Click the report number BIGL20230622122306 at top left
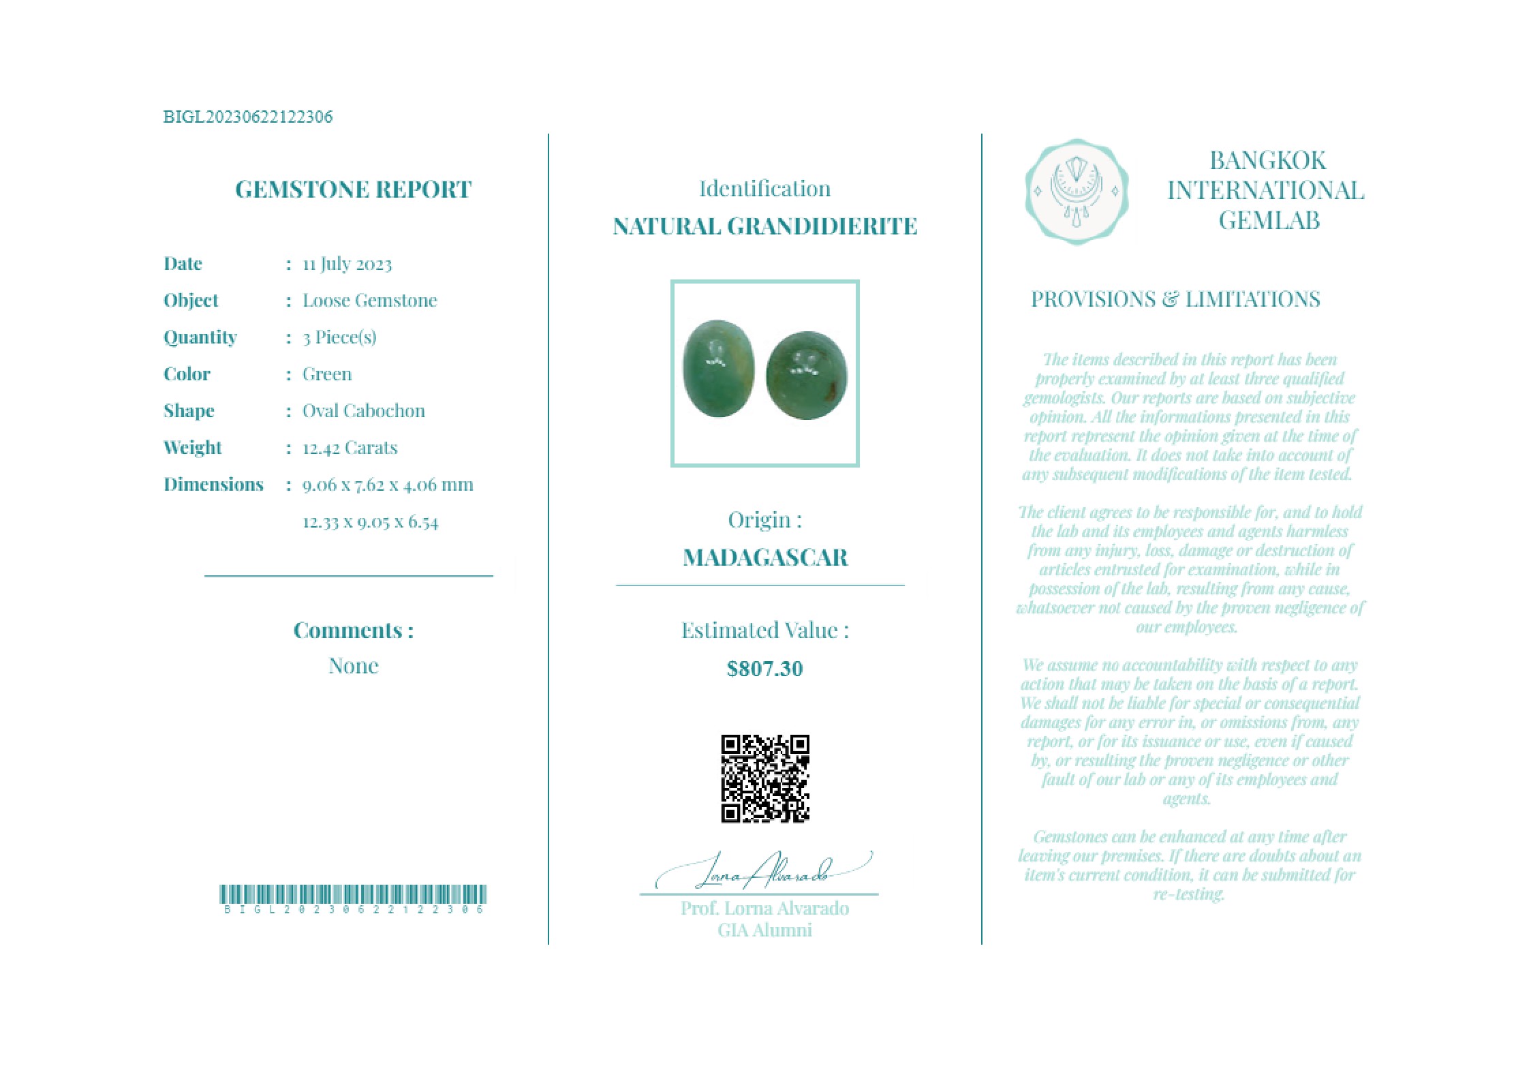(x=248, y=117)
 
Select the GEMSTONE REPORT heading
(x=353, y=189)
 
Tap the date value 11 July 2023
(x=347, y=264)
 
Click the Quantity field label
(x=200, y=337)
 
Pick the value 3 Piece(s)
(x=339, y=337)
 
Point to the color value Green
(x=327, y=374)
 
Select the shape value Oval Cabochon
(x=363, y=411)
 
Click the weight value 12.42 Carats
(x=350, y=448)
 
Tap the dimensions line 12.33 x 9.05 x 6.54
(x=370, y=522)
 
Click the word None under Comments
(x=353, y=666)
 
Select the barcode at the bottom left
(x=353, y=895)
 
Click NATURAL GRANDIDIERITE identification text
(x=764, y=226)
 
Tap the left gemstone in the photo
(x=719, y=368)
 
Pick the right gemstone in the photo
(x=807, y=374)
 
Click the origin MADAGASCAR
(x=764, y=558)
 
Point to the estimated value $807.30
(x=764, y=669)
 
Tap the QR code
(x=764, y=778)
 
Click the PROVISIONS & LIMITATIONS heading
(x=1175, y=299)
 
